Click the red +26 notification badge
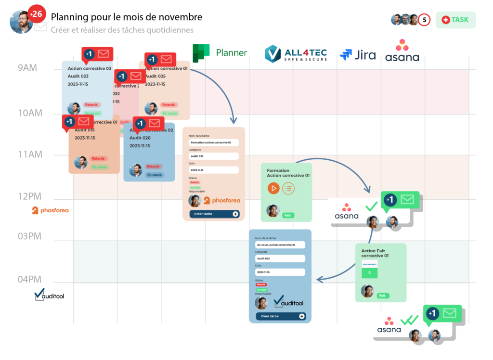coord(36,14)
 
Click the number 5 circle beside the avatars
coord(424,20)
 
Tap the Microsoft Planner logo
coord(220,53)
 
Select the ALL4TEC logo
coord(296,53)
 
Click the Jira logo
coord(358,55)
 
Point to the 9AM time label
coord(27,68)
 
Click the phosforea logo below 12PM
coord(50,210)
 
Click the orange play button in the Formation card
coord(273,188)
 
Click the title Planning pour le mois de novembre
coord(127,17)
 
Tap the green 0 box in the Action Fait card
coord(370,272)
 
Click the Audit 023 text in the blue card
coord(78,76)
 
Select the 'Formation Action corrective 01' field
coord(214,142)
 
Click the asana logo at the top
coord(402,51)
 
